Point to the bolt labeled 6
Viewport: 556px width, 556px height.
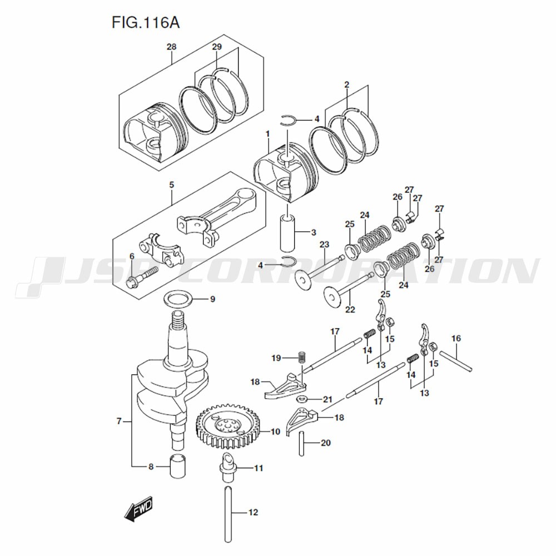pos(142,276)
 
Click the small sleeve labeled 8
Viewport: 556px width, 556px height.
pos(178,464)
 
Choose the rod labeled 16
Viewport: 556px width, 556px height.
pos(455,360)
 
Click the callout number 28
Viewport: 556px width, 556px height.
pos(171,47)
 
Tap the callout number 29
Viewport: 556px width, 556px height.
pos(217,47)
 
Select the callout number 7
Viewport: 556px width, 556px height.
pos(119,421)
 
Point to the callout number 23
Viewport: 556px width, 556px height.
pos(324,244)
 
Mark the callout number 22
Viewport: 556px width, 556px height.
pos(350,309)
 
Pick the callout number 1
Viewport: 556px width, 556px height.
pos(267,133)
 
